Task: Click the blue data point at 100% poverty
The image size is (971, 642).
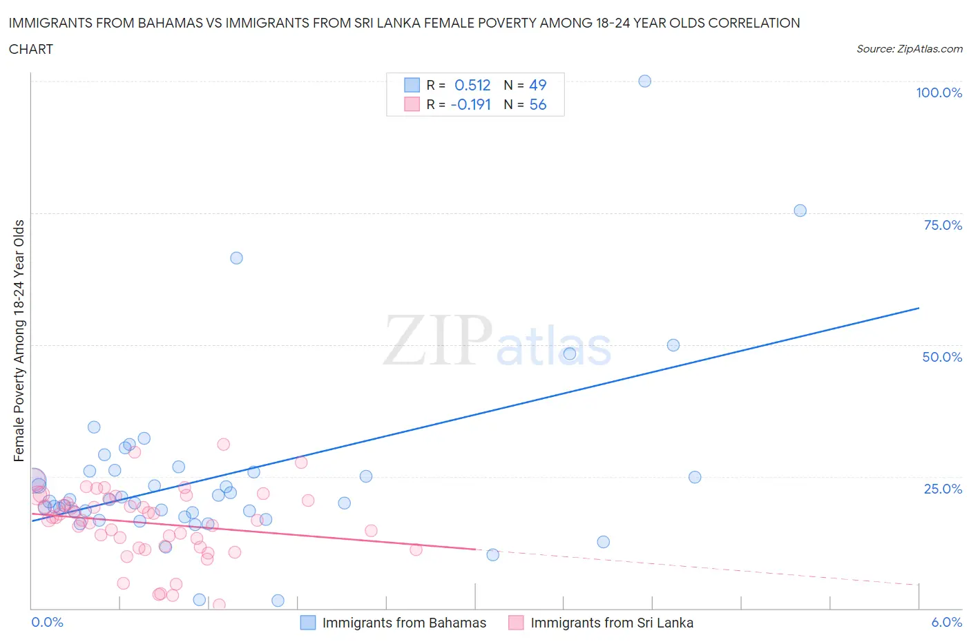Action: pos(644,81)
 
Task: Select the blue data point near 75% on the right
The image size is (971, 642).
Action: pos(800,211)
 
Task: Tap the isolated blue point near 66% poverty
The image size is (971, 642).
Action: pos(236,257)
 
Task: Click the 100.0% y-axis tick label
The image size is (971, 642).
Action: pos(939,93)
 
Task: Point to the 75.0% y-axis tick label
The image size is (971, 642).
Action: pos(943,225)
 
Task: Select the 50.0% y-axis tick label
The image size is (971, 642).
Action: pos(942,357)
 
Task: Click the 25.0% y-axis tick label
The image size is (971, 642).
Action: pos(943,489)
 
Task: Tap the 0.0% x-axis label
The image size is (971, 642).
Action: pos(47,622)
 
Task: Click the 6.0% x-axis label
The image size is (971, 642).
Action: pos(946,622)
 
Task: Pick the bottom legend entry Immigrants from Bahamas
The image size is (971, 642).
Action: pos(404,623)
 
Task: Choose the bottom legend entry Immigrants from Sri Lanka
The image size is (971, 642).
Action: pos(611,623)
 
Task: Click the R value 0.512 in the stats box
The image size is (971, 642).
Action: pos(472,85)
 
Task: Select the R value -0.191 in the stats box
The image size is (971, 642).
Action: pos(470,104)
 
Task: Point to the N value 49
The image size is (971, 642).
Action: pos(537,85)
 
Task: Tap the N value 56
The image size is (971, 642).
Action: pos(537,104)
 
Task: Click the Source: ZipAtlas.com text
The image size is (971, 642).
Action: pos(909,49)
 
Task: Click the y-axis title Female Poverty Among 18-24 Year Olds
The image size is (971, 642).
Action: pos(19,340)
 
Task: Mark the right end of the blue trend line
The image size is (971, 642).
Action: pos(919,308)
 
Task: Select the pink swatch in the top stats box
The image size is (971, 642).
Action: pos(412,104)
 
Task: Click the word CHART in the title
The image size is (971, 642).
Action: pos(31,49)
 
